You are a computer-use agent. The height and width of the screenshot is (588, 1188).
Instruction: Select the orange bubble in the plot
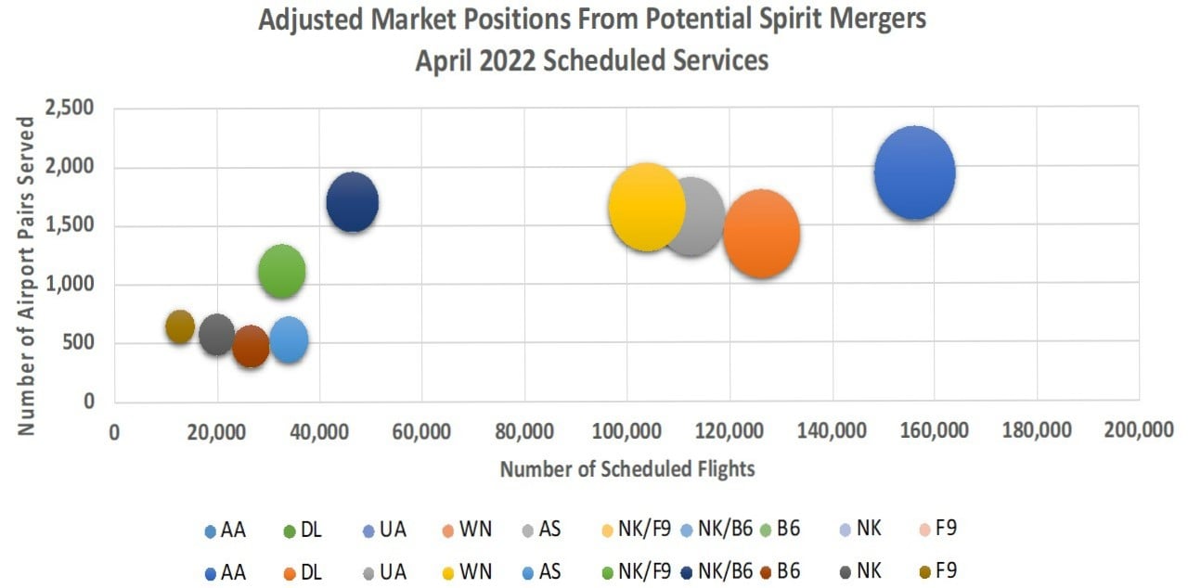click(x=762, y=234)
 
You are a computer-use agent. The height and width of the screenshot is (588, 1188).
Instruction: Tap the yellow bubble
click(x=647, y=208)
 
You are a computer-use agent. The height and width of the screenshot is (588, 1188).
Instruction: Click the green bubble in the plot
click(x=282, y=272)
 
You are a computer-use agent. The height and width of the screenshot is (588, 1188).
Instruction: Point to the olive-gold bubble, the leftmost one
click(x=180, y=326)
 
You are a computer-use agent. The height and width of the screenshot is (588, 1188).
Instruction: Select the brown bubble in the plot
click(x=251, y=347)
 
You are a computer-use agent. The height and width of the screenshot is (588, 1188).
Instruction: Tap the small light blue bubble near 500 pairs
click(x=289, y=340)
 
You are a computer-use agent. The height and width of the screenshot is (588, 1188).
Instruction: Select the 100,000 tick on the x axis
click(x=628, y=431)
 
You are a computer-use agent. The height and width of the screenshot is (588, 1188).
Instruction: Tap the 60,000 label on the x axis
click(x=422, y=431)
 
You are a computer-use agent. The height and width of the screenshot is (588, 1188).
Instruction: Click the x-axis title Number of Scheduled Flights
click(x=627, y=469)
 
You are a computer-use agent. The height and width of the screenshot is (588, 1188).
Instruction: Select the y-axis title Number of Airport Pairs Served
click(x=27, y=275)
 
